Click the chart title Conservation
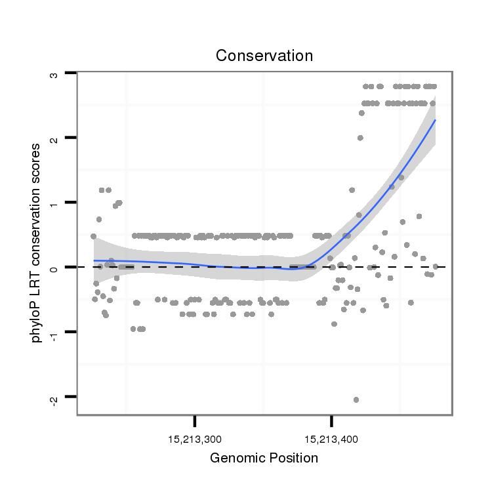[x=264, y=56]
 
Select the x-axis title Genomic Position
[x=264, y=458]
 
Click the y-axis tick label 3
[x=55, y=74]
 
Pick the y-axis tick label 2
[x=55, y=138]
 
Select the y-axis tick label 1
[x=55, y=203]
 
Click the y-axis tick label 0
[x=55, y=268]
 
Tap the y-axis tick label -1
[x=55, y=333]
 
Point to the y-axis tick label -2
[x=55, y=398]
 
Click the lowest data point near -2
[x=356, y=400]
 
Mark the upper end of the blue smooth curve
[x=435, y=120]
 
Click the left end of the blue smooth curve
[x=94, y=260]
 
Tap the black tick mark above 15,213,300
[x=195, y=420]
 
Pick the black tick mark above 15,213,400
[x=331, y=420]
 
